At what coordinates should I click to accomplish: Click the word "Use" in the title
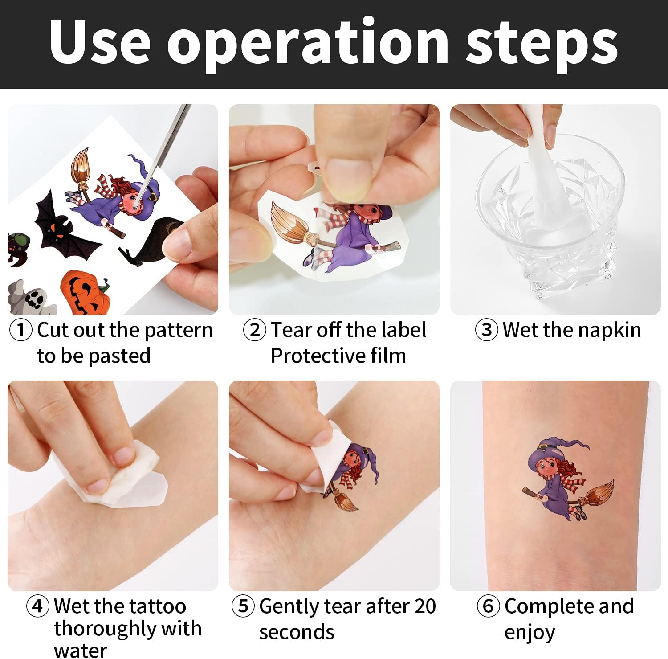pos(100,42)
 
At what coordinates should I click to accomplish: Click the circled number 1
pos(21,331)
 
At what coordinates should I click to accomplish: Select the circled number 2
pos(255,331)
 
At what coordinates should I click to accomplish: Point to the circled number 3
pos(487,331)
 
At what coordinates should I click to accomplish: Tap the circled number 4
pos(37,606)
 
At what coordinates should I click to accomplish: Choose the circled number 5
pos(243,606)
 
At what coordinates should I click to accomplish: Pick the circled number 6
pos(488,606)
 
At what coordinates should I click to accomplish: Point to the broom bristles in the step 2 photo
pos(289,222)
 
